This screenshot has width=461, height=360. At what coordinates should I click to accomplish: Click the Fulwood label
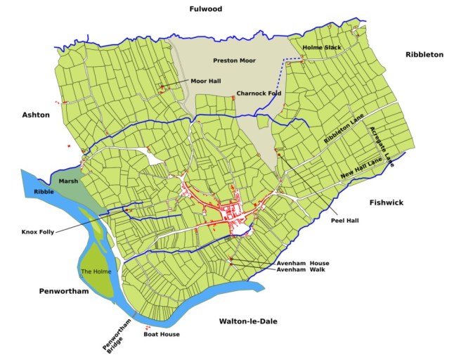(x=205, y=9)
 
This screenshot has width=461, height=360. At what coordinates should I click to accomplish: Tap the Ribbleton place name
(x=424, y=54)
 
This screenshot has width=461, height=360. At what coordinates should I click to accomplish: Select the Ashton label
(x=36, y=115)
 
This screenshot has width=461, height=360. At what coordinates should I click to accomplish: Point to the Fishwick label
(x=387, y=202)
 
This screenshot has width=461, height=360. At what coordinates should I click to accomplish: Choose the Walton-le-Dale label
(x=248, y=321)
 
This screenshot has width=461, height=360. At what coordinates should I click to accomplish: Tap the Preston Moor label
(x=234, y=60)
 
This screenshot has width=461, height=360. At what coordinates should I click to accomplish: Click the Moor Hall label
(x=205, y=81)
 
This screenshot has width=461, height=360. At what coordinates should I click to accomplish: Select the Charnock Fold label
(x=259, y=93)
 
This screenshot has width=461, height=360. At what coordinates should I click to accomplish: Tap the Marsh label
(x=68, y=181)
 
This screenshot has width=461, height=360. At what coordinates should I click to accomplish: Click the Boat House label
(x=162, y=334)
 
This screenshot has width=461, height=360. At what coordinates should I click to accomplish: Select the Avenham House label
(x=303, y=263)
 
